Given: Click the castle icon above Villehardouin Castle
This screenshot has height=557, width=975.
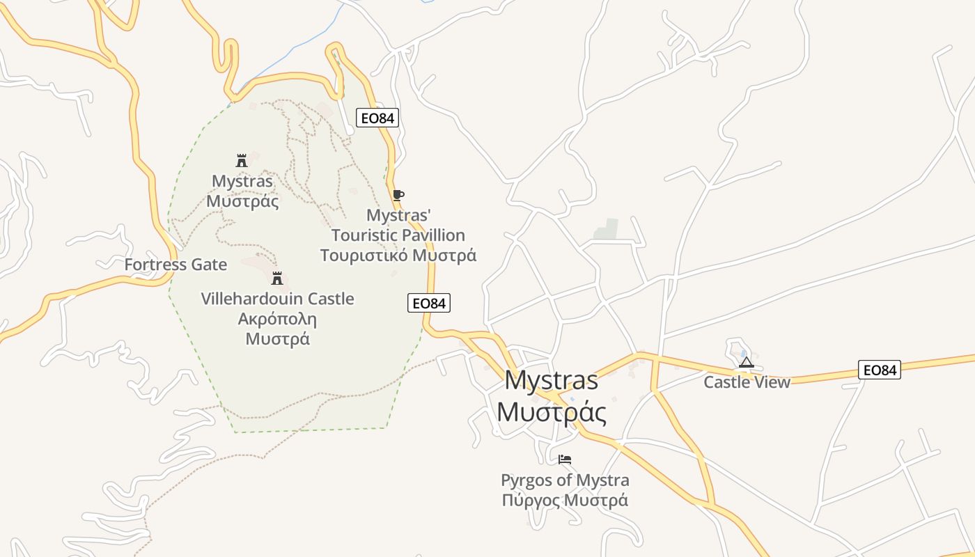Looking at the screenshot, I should (277, 278).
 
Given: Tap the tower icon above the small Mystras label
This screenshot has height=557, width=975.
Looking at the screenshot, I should (242, 161).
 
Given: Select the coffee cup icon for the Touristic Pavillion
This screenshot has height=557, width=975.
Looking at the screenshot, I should (398, 195).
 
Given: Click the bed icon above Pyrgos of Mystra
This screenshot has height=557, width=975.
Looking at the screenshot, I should (565, 460).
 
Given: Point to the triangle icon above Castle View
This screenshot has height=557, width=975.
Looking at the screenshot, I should (747, 362).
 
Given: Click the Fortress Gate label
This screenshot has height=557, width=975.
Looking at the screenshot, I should (175, 265).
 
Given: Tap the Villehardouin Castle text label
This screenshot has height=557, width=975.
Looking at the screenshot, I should (277, 299).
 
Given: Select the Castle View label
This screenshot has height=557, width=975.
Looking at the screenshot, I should (747, 382).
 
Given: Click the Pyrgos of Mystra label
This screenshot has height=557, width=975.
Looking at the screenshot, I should (565, 480).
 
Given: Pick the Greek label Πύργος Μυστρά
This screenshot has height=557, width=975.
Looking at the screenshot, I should (565, 500).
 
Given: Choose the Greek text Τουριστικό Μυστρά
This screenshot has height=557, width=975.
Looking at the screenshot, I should (398, 255).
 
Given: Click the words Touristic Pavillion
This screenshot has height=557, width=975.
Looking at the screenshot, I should (398, 235).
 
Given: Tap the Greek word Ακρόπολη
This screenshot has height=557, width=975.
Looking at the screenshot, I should (277, 319).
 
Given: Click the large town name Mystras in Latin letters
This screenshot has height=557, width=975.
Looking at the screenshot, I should (551, 380).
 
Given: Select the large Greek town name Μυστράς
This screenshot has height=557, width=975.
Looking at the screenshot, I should (551, 412).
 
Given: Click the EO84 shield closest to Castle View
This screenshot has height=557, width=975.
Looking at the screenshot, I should (879, 370).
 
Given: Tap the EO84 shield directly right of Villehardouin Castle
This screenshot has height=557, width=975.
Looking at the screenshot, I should (428, 303).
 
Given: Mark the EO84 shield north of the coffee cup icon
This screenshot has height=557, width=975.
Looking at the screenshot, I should (377, 118).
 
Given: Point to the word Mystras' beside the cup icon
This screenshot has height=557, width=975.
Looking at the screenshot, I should (394, 215).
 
